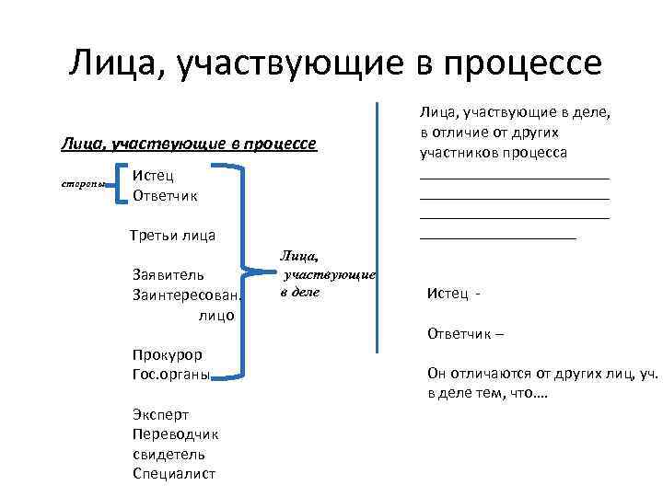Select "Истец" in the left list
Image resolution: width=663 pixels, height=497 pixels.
click(x=153, y=176)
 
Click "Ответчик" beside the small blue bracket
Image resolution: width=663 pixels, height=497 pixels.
click(x=165, y=195)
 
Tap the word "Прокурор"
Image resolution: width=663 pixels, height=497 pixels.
click(x=168, y=355)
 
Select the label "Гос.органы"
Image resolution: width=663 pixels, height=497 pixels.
click(x=171, y=375)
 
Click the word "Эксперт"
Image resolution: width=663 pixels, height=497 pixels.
click(x=162, y=414)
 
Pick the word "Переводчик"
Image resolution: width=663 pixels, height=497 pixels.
click(x=175, y=433)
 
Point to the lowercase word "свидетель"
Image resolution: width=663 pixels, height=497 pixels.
click(x=169, y=454)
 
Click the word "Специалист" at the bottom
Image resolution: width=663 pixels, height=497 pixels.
click(x=174, y=474)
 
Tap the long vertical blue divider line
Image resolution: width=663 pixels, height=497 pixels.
click(x=377, y=225)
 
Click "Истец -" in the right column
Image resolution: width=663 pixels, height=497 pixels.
click(x=454, y=294)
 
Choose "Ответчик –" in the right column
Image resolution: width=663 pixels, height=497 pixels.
click(x=465, y=334)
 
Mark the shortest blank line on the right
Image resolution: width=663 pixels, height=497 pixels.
click(x=497, y=237)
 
